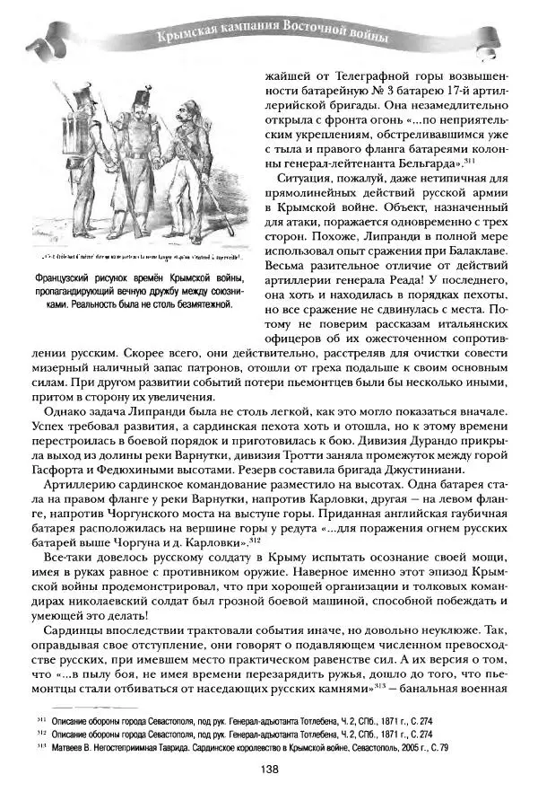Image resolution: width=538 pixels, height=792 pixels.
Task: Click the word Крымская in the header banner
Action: [185, 38]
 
